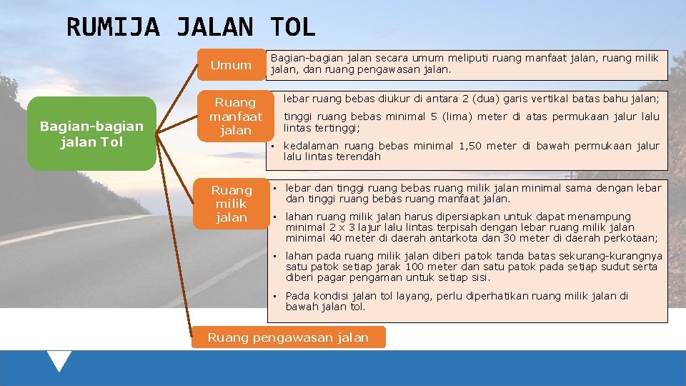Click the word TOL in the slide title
click(292, 28)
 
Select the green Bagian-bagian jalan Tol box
click(91, 134)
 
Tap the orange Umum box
click(231, 65)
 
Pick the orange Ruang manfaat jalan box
click(235, 116)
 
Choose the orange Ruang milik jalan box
click(232, 204)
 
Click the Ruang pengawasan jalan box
click(288, 337)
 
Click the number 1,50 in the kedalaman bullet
click(472, 146)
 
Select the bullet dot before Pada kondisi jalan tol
click(275, 296)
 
